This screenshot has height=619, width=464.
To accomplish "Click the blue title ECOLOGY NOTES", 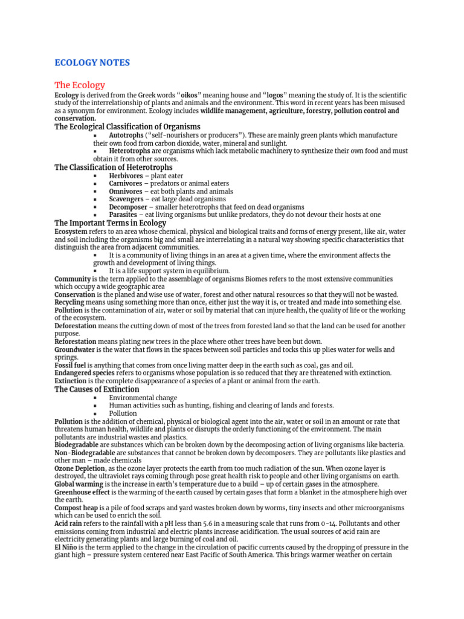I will [92, 63].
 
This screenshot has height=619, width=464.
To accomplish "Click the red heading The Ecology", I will [80, 85].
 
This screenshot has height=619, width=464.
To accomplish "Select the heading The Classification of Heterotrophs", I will [113, 167].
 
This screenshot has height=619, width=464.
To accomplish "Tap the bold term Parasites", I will [123, 215].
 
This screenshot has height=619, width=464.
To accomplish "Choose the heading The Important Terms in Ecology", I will [110, 223].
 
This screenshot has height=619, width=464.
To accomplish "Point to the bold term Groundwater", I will [74, 350].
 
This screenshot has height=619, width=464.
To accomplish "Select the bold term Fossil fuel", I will [70, 366].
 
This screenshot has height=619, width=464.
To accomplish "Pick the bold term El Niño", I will [65, 548].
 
